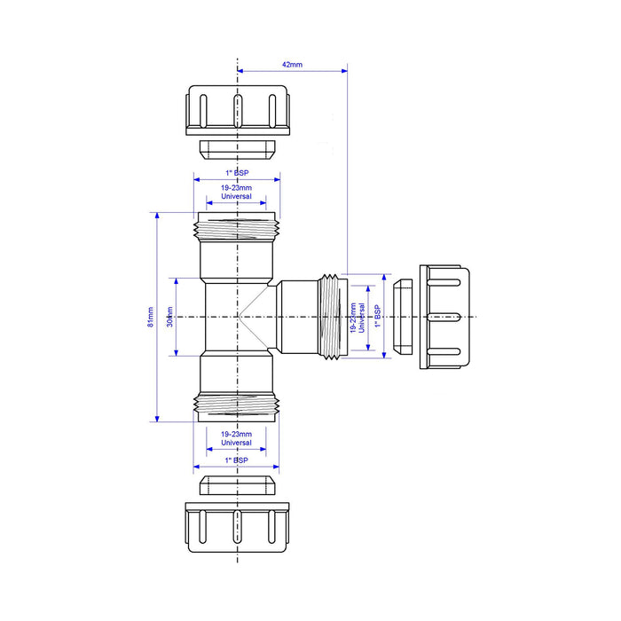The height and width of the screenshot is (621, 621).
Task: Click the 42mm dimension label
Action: coord(291,65)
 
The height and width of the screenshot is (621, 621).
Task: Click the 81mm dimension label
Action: coord(150,317)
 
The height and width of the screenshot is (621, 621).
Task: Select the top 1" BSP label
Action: coord(237,173)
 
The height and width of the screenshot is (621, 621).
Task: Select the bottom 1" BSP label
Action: coord(237,460)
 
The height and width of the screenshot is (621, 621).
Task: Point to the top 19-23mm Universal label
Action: coord(237,192)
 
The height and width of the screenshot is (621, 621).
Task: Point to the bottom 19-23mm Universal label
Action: coord(237,438)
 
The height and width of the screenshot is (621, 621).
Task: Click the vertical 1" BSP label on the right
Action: coord(377,317)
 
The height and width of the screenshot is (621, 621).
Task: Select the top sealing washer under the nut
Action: coord(237,146)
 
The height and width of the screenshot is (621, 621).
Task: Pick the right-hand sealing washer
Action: coord(403,317)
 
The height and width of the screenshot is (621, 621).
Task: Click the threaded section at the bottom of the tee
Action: coord(237,404)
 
